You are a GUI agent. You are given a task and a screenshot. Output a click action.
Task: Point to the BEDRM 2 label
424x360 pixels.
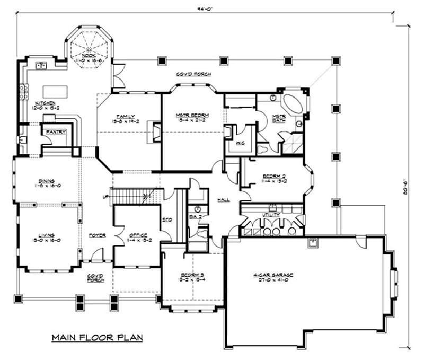(274, 176)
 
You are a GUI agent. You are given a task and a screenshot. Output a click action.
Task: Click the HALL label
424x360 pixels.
(223, 200)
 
